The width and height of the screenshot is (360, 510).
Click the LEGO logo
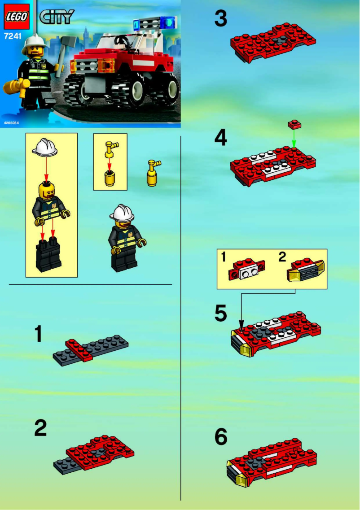click(17, 16)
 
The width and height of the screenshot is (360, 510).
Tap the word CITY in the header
click(56, 17)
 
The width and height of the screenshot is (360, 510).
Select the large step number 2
click(40, 428)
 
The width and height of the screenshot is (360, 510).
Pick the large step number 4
click(220, 138)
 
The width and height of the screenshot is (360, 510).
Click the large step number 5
click(220, 313)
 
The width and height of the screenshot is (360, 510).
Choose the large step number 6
click(221, 436)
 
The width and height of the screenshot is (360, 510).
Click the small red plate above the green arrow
click(294, 122)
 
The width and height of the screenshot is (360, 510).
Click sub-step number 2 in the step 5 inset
click(282, 257)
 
